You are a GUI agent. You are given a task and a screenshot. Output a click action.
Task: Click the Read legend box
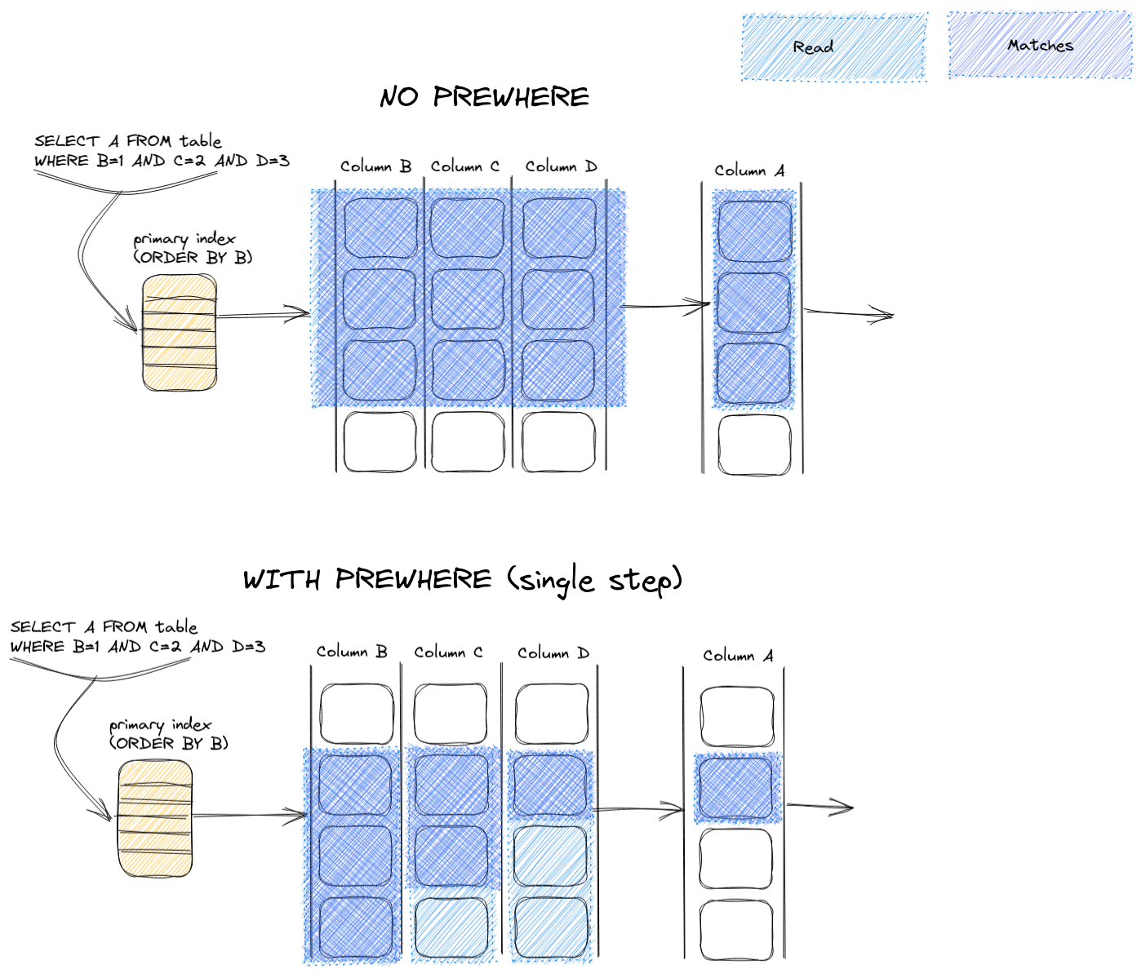pyautogui.click(x=834, y=46)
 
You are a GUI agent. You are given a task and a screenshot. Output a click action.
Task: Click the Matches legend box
pyautogui.click(x=1040, y=46)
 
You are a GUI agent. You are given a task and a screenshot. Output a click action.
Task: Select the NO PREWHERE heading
pyautogui.click(x=484, y=97)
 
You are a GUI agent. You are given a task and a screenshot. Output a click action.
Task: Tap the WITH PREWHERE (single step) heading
pyautogui.click(x=462, y=580)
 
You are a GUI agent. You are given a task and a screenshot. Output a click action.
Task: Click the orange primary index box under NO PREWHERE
pyautogui.click(x=180, y=333)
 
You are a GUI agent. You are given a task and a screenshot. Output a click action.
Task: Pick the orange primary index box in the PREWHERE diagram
pyautogui.click(x=156, y=818)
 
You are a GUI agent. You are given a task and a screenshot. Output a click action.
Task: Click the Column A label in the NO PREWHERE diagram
pyautogui.click(x=749, y=170)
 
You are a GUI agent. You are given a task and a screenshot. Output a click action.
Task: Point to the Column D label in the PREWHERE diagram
pyautogui.click(x=553, y=653)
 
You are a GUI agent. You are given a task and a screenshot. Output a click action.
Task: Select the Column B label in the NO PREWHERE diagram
pyautogui.click(x=375, y=166)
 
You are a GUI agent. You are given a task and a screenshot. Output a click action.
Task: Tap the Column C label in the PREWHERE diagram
pyautogui.click(x=448, y=653)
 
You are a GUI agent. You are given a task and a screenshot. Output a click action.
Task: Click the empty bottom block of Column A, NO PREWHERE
pyautogui.click(x=754, y=445)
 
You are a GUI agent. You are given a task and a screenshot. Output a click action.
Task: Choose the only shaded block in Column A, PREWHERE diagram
pyautogui.click(x=737, y=789)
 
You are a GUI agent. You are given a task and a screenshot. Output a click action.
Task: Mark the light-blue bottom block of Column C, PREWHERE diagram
pyautogui.click(x=451, y=927)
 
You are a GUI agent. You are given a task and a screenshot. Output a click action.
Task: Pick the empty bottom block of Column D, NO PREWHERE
pyautogui.click(x=558, y=442)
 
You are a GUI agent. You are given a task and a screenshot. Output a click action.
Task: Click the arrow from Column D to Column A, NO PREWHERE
pyautogui.click(x=665, y=307)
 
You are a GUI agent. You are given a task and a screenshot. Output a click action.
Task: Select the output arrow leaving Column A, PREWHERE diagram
pyautogui.click(x=820, y=808)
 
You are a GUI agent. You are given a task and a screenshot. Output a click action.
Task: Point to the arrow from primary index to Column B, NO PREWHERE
pyautogui.click(x=264, y=314)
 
